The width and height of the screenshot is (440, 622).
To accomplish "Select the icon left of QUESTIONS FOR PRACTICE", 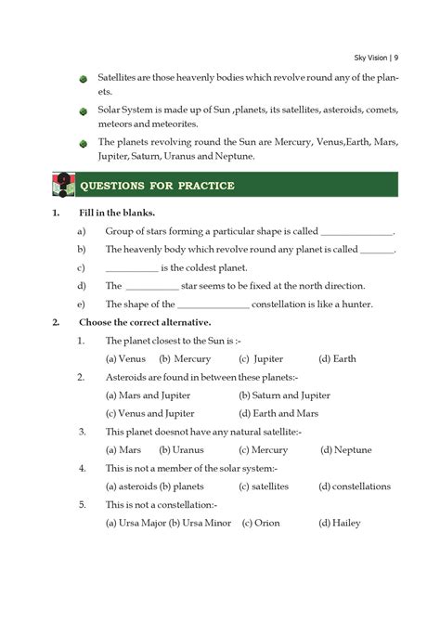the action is tap(61, 185).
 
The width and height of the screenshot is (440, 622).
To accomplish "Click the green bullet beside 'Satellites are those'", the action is tap(83, 81).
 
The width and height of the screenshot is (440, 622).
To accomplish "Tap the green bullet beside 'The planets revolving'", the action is tap(83, 144).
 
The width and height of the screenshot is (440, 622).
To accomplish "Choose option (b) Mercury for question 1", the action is tap(185, 358).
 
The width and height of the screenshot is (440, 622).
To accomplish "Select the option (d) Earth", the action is tap(337, 358).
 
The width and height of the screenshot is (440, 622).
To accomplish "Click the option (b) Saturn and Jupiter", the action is tap(285, 395).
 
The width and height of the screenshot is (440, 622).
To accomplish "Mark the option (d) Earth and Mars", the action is tap(278, 413).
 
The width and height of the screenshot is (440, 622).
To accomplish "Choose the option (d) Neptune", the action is tap(346, 449).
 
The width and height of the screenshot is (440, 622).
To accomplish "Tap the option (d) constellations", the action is tap(355, 486).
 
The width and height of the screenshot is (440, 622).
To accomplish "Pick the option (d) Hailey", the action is tap(340, 523).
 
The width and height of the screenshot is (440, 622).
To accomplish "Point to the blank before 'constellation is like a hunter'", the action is tap(213, 304).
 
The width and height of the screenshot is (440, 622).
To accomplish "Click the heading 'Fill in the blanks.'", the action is tap(117, 213).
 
